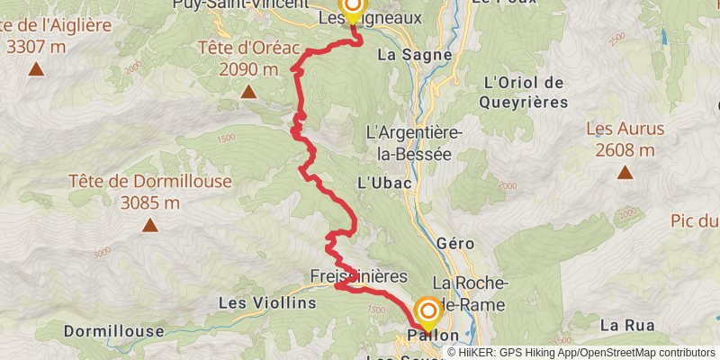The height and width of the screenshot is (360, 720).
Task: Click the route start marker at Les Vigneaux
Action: [351, 8]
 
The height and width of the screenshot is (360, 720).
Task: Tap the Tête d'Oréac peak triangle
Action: [247, 91]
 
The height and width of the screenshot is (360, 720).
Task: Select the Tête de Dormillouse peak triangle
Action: [150, 225]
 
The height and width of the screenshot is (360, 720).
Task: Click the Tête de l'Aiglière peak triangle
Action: [36, 68]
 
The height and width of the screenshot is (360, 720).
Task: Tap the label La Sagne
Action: [405, 54]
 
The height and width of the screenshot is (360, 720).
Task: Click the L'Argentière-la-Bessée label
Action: [414, 143]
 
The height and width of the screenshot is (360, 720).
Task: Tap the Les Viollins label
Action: [268, 303]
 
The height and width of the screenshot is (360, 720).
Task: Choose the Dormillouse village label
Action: [112, 331]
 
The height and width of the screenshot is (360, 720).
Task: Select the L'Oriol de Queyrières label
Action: [523, 93]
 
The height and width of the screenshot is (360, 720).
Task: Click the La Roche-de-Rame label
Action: [468, 293]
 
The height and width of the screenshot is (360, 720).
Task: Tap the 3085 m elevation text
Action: [150, 202]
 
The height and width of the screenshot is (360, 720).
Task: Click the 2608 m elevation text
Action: [625, 150]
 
